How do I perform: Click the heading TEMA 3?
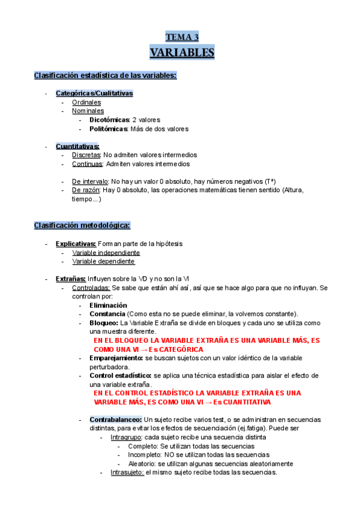[x=182, y=37]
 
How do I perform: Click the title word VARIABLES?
[x=182, y=53]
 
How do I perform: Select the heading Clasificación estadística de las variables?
[x=105, y=75]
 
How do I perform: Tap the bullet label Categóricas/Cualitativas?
[x=94, y=94]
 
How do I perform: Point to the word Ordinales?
[x=86, y=103]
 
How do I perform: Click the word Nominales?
[x=88, y=111]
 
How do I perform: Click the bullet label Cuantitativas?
[x=77, y=146]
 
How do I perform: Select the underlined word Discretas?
[x=86, y=155]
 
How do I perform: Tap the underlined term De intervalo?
[x=90, y=181]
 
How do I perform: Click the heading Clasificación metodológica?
[x=82, y=225]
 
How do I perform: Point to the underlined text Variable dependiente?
[x=103, y=261]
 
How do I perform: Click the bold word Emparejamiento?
[x=116, y=358]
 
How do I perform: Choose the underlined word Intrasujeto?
[x=127, y=472]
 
